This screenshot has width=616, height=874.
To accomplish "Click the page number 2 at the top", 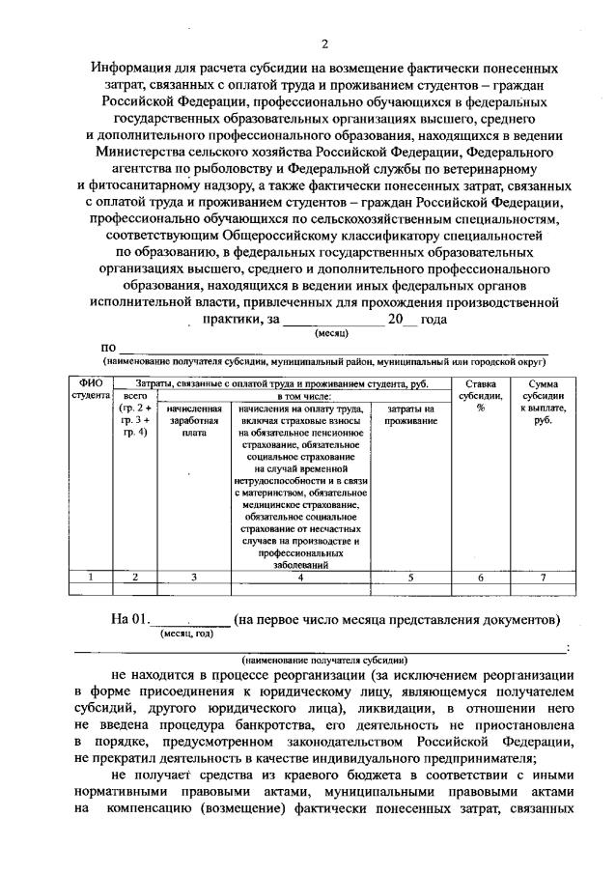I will point(325,44).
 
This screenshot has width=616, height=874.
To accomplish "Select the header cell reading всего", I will point(135,395).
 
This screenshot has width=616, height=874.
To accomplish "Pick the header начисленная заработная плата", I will point(194,421).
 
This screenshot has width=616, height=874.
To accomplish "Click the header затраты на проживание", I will point(409,415).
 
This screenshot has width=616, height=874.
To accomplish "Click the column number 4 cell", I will point(301,577).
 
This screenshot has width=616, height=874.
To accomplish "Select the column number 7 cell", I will point(541,577).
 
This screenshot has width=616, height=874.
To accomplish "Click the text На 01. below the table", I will point(130,619).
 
